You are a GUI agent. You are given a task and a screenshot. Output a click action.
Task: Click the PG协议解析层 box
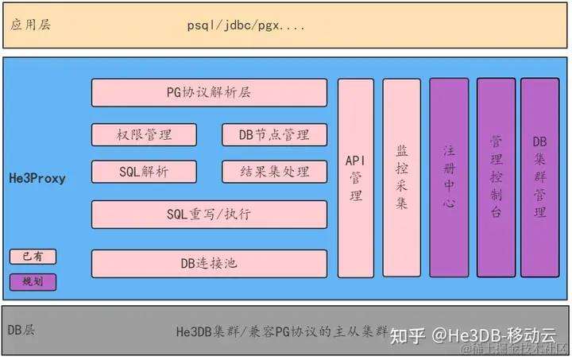[210, 92]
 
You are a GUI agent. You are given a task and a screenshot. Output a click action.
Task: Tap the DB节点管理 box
[273, 134]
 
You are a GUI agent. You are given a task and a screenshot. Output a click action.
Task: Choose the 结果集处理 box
[273, 171]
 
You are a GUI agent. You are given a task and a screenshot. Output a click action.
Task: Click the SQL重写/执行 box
[210, 213]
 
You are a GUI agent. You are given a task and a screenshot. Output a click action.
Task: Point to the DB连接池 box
[210, 263]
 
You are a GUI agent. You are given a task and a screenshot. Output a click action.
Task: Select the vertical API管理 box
[355, 178]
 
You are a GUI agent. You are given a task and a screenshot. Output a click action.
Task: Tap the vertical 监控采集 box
[401, 178]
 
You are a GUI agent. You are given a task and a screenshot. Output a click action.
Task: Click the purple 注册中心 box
[449, 178]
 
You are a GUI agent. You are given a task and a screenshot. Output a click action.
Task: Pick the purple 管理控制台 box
[495, 178]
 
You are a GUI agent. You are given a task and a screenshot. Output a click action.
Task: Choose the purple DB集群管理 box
[539, 178]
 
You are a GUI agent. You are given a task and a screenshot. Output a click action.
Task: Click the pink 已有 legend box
[33, 256]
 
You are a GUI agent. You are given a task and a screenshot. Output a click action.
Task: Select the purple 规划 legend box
[33, 281]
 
